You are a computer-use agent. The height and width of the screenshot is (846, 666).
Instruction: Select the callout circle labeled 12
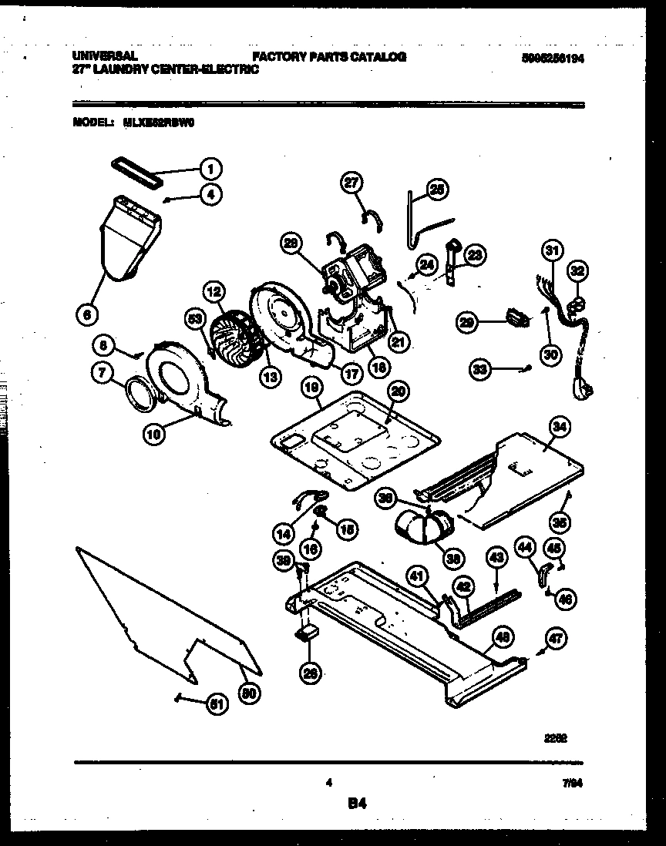pyautogui.click(x=214, y=291)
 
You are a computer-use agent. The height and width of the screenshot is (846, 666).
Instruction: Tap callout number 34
pyautogui.click(x=560, y=425)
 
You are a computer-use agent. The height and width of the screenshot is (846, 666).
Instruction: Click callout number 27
pyautogui.click(x=351, y=183)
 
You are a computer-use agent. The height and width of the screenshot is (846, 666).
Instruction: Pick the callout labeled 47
pyautogui.click(x=555, y=638)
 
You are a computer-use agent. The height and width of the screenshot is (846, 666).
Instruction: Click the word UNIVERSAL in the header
pyautogui.click(x=105, y=56)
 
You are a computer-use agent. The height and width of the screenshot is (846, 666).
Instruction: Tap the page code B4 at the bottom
pyautogui.click(x=355, y=804)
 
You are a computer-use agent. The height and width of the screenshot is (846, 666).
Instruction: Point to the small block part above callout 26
pyautogui.click(x=308, y=633)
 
